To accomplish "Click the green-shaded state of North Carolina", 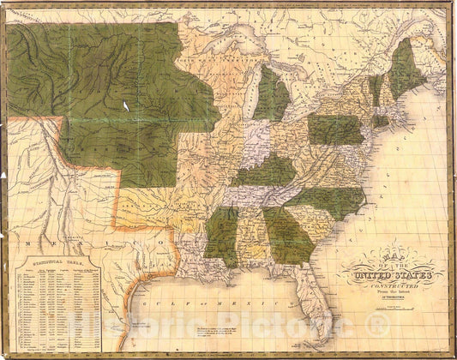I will [x=330, y=201].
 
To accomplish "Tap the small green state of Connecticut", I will [x=380, y=121].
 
